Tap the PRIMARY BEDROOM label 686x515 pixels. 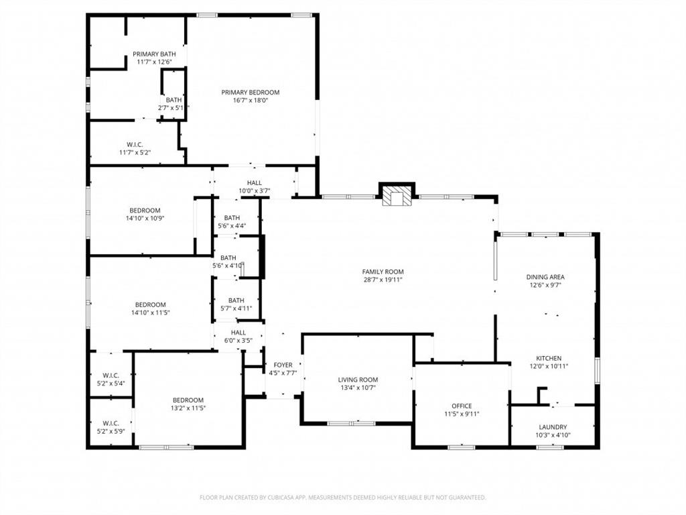tap(251, 93)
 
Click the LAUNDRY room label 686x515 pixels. tap(553, 427)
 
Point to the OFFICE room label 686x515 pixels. tap(462, 406)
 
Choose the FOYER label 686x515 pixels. tap(283, 365)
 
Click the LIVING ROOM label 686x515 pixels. tap(358, 380)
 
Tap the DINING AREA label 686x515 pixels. tap(545, 276)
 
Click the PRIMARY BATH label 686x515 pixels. tap(154, 54)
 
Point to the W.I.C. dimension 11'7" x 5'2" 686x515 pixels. tap(135, 153)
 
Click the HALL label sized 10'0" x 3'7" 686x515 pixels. tap(255, 191)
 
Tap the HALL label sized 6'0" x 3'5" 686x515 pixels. tap(238, 341)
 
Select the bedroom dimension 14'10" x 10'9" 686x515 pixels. tap(145, 218)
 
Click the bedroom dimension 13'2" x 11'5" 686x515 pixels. tap(188, 408)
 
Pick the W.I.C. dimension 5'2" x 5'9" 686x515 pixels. tap(111, 431)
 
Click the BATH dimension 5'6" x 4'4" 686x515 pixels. tap(232, 226)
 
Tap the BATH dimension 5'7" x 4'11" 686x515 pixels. tap(236, 308)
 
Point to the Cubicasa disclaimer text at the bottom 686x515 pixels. tap(342, 498)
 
